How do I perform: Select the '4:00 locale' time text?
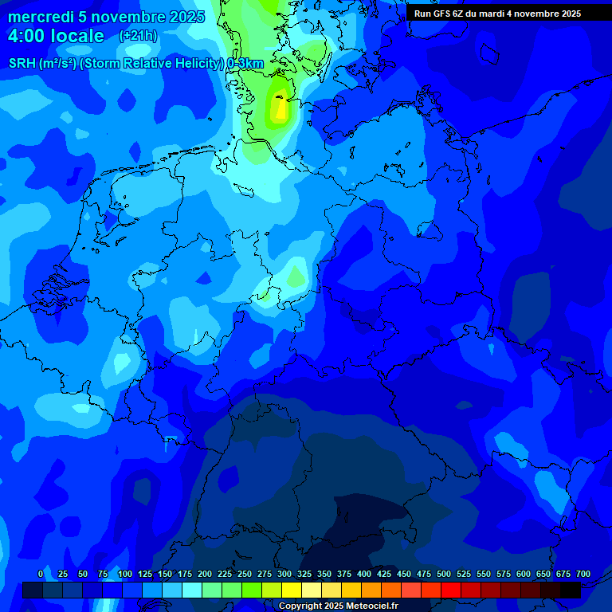click(x=56, y=36)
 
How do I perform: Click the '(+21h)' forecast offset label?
click(x=137, y=36)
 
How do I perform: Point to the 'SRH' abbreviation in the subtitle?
click(x=23, y=64)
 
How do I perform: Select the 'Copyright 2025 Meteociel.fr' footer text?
click(x=338, y=606)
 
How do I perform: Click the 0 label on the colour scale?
click(x=41, y=574)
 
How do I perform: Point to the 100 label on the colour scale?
click(x=125, y=574)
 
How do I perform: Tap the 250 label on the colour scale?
click(x=245, y=574)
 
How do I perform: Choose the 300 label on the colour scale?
click(x=284, y=574)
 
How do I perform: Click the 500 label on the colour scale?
click(x=444, y=574)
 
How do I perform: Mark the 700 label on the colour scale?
click(x=583, y=574)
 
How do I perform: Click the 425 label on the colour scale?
click(x=384, y=574)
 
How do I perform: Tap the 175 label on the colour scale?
click(x=185, y=574)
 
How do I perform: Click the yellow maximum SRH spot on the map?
click(x=279, y=109)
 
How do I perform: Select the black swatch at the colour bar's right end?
click(x=571, y=590)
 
